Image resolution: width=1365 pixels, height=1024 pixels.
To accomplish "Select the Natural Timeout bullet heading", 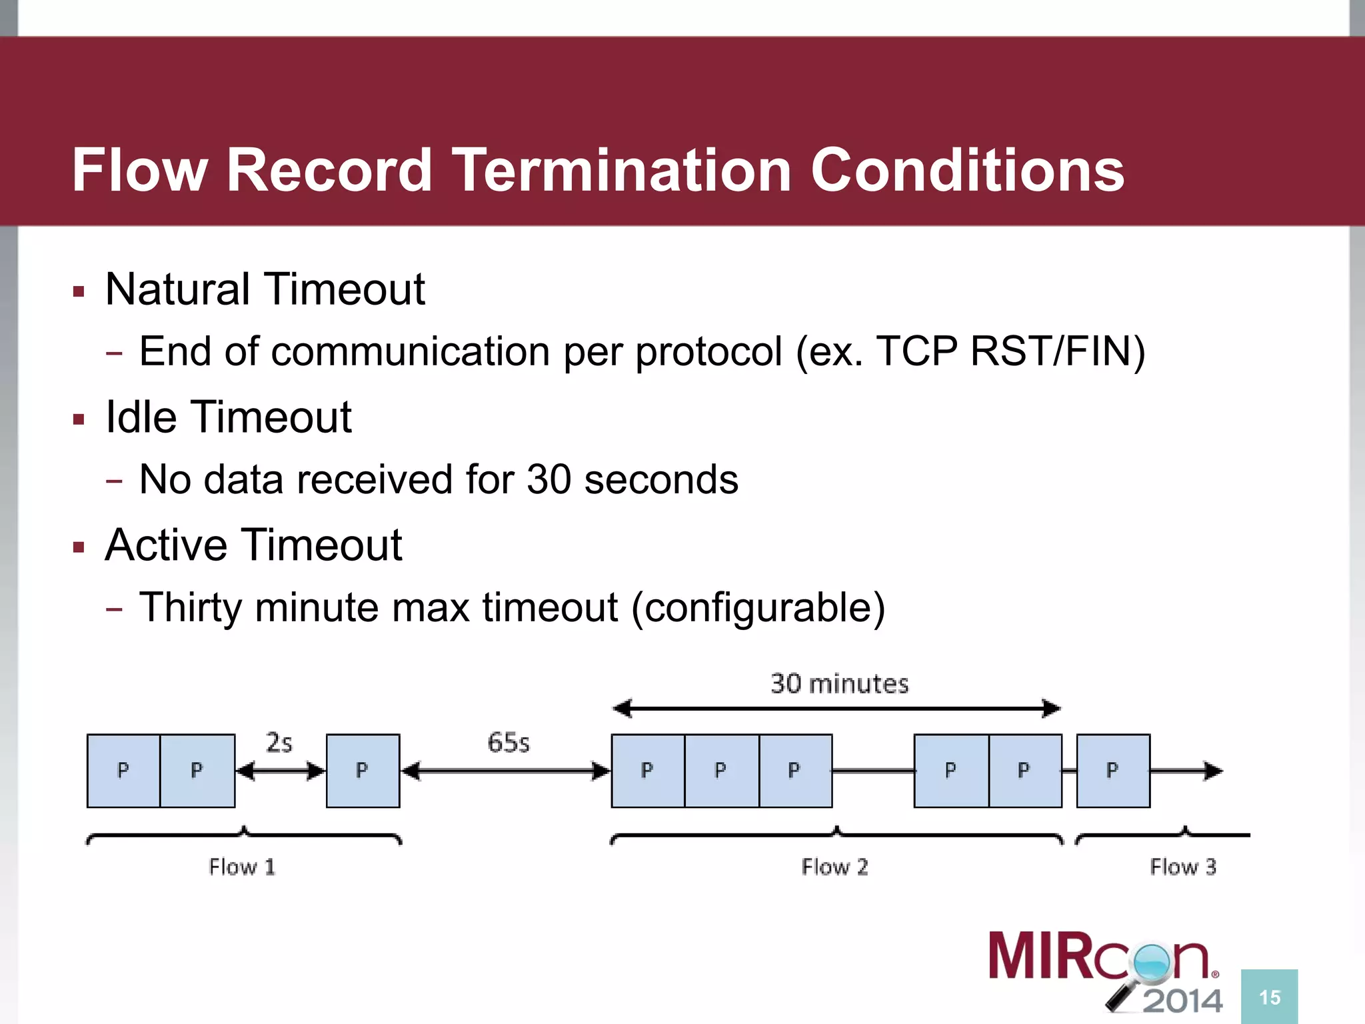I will coord(265,289).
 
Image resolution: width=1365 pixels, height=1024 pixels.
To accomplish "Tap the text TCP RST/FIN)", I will coord(1010,351).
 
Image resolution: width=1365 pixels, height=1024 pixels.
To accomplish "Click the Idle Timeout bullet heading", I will coord(228,417).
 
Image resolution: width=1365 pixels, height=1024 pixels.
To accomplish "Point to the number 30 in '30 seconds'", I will coord(548,479).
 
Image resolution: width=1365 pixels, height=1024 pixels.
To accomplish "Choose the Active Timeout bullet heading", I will coord(253,545).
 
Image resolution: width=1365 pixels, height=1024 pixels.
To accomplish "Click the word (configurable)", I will coord(758,607).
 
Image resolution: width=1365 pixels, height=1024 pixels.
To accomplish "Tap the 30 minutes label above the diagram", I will coord(839,684).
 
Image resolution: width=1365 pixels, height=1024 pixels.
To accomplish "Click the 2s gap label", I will coord(279,743).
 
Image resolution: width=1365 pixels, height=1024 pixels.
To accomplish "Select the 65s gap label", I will coord(508,743).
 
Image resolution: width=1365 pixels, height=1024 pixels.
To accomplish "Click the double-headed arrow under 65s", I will coord(505,771).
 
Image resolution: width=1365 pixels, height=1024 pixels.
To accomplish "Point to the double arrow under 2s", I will coord(280,771).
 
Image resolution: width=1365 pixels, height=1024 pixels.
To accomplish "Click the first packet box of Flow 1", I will coord(123,771).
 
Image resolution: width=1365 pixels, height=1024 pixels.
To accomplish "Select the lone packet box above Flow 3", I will coord(1112,771).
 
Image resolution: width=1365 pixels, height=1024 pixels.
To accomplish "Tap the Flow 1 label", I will coord(241,867).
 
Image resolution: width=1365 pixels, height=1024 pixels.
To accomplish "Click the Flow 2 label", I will coord(834,867).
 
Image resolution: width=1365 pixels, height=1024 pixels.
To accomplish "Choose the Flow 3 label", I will coord(1182,867).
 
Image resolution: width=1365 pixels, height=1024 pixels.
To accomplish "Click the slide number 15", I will coord(1269,997).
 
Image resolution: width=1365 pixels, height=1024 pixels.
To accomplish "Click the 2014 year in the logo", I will coord(1183,1001).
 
